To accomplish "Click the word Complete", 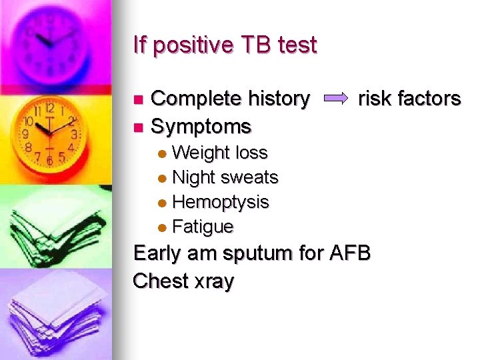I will (195, 99).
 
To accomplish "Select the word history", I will (278, 99).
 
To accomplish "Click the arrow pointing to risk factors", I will (335, 99).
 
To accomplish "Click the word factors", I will (429, 99).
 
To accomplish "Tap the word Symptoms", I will (201, 126).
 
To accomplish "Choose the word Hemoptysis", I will (221, 201).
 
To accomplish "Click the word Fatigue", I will (203, 227).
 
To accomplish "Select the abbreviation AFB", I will (349, 253).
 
